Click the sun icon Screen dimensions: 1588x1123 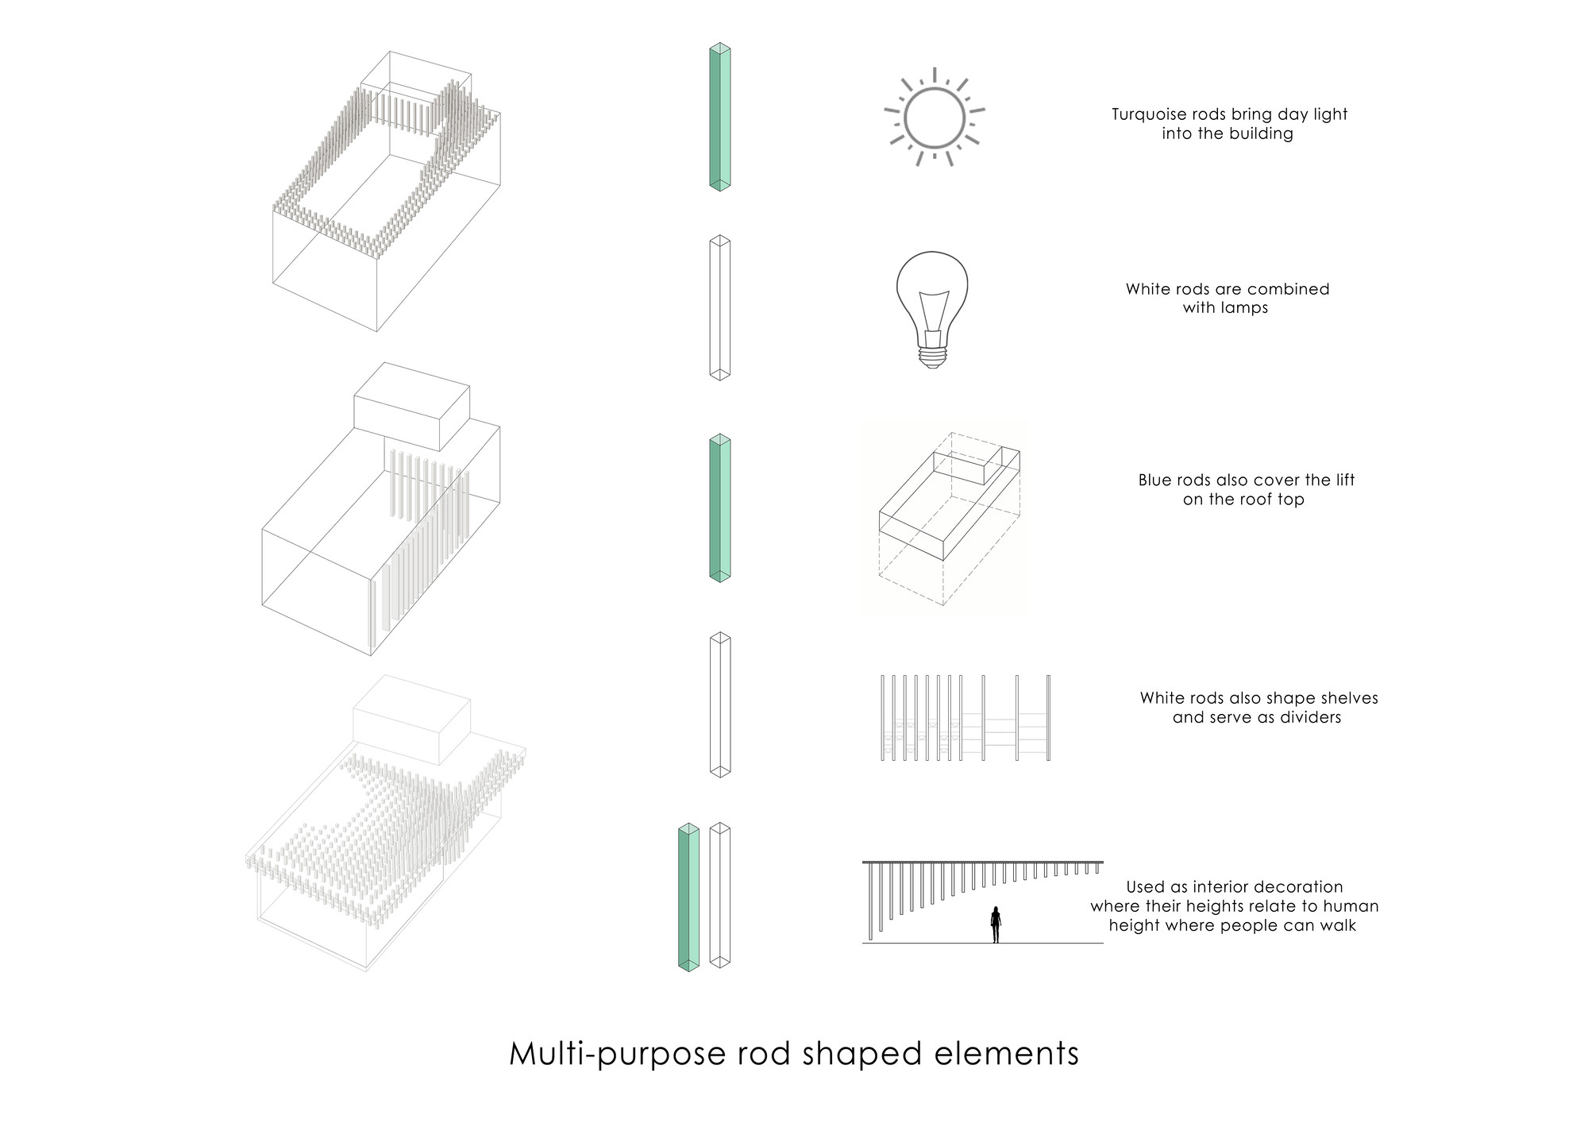pyautogui.click(x=935, y=117)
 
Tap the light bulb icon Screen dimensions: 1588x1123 pyautogui.click(x=933, y=309)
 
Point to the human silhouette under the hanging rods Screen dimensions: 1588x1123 pyautogui.click(x=996, y=924)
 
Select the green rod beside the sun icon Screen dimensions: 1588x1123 pyautogui.click(x=719, y=118)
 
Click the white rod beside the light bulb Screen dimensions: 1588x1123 pyautogui.click(x=719, y=308)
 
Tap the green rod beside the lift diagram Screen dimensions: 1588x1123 pyautogui.click(x=719, y=508)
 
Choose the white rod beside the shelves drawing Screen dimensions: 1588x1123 pyautogui.click(x=719, y=705)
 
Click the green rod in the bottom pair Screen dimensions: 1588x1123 pyautogui.click(x=688, y=897)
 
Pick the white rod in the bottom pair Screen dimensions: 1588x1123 pyautogui.click(x=719, y=896)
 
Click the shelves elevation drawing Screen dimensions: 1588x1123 pyautogui.click(x=966, y=718)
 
